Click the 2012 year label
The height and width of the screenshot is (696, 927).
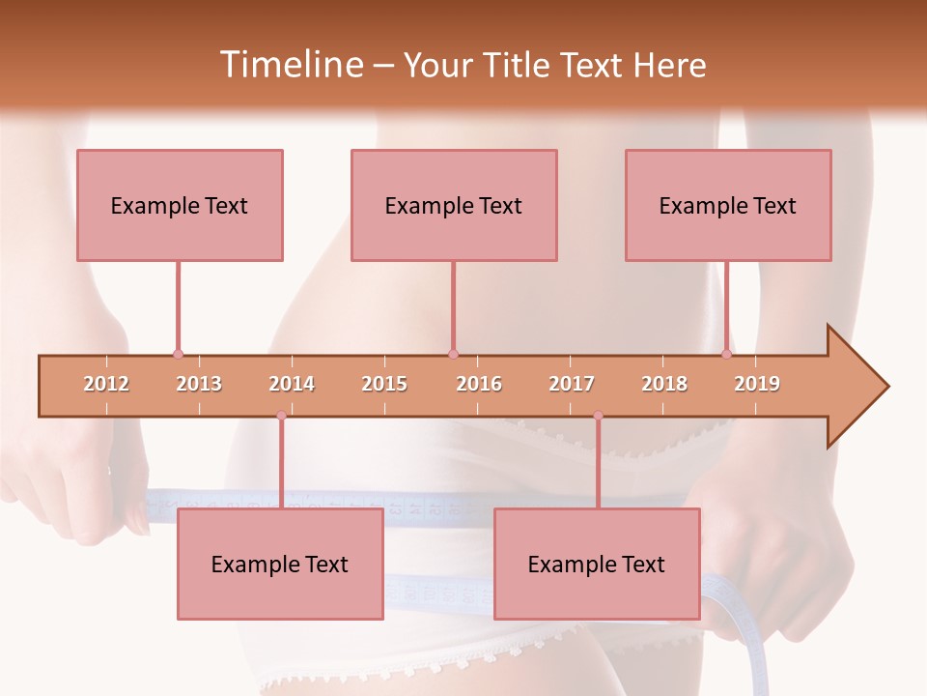pos(106,385)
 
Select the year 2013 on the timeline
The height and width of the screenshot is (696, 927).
pos(199,385)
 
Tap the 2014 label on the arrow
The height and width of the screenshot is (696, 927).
pos(292,385)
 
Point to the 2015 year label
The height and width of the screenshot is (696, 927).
pos(384,385)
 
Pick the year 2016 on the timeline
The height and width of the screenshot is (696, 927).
pos(479,385)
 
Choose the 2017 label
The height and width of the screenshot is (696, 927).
pos(572,385)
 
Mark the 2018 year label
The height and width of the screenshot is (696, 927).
pos(664,385)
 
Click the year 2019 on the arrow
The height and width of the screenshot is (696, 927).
pos(757,385)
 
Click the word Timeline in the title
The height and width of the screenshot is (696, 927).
pos(289,65)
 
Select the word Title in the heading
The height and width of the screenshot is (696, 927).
pos(519,65)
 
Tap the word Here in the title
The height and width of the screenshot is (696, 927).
pos(669,65)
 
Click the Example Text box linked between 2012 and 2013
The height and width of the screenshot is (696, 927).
pos(180,205)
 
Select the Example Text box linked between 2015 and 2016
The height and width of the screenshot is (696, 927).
pos(454,205)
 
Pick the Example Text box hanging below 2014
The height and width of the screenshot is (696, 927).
pos(280,564)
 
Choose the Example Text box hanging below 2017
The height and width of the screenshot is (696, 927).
pos(597,564)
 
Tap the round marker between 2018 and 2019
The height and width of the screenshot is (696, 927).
pos(727,354)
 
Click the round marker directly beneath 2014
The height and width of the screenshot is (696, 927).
pos(281,416)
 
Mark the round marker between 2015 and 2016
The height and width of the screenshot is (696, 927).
pos(453,354)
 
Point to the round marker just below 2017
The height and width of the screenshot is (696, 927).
pos(598,416)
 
